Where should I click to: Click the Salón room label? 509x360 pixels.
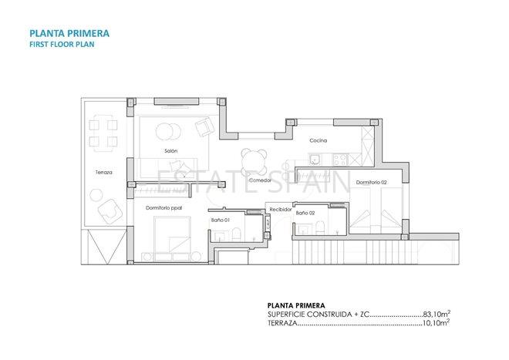click(x=171, y=150)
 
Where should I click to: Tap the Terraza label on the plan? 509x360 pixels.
click(x=104, y=172)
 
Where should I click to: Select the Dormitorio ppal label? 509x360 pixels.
click(x=163, y=207)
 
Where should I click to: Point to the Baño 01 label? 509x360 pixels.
click(x=221, y=220)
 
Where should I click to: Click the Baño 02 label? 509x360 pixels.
click(x=305, y=212)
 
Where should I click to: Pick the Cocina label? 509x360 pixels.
click(x=318, y=141)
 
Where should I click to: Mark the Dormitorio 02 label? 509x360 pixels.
click(x=371, y=182)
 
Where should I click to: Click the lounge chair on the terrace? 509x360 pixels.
click(x=110, y=208)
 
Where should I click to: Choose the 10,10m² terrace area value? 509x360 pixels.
click(x=436, y=324)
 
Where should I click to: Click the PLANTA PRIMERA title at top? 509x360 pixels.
click(x=69, y=33)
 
